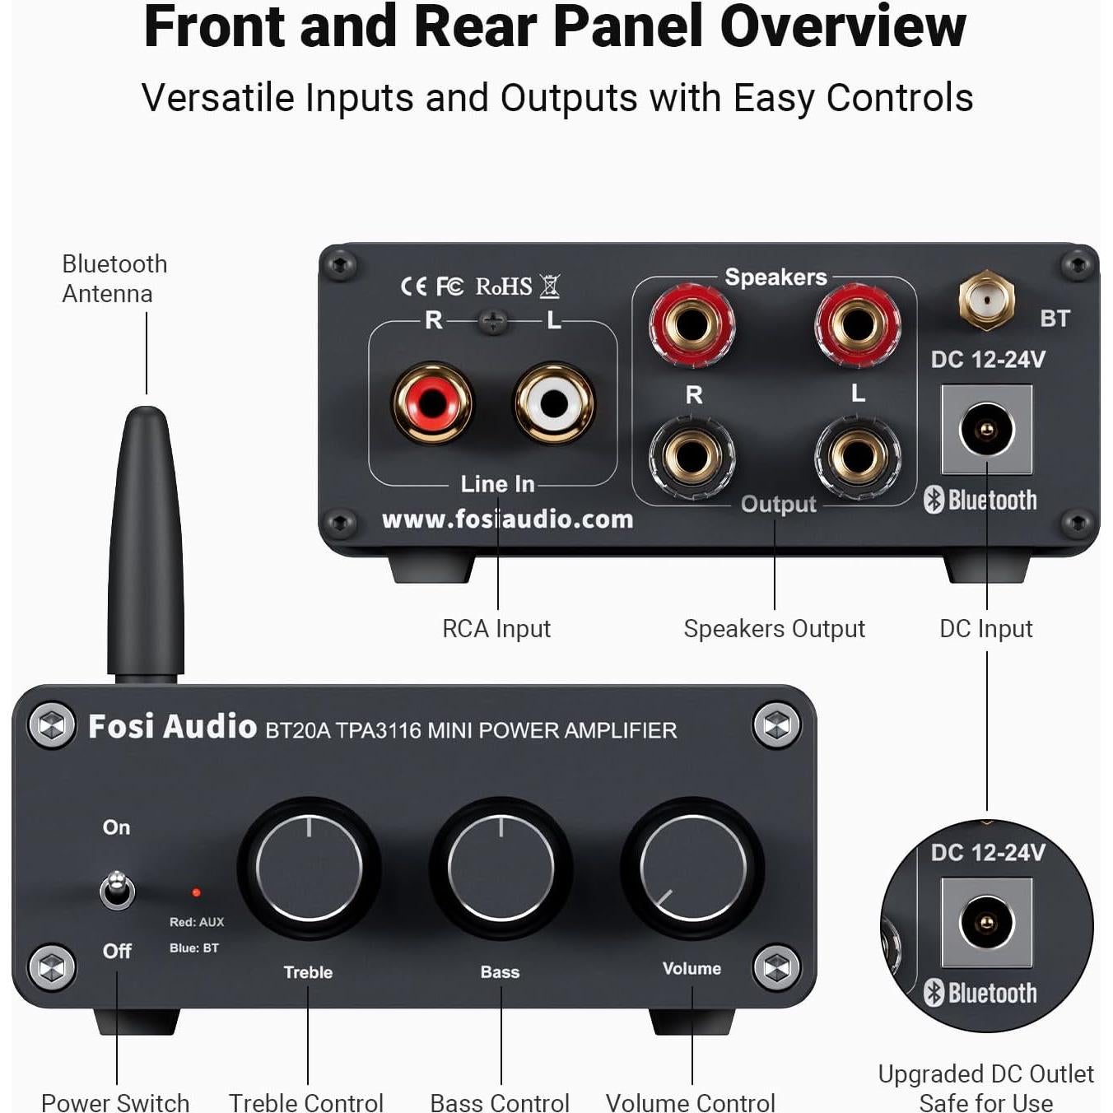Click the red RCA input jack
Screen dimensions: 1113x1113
pos(432,403)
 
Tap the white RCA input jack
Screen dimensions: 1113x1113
pos(554,403)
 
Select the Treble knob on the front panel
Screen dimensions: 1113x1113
pos(309,868)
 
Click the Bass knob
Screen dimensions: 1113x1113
pos(501,868)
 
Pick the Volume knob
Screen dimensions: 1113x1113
pos(692,868)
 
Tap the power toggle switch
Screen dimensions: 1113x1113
pos(117,889)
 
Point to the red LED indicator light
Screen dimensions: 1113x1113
pos(196,892)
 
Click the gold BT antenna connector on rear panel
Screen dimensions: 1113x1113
pos(986,300)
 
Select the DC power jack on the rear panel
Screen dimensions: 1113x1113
pos(986,430)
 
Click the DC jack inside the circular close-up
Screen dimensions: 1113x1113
pos(986,922)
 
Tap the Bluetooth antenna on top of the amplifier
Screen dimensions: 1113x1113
pos(146,543)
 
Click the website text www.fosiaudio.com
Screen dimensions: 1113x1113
pos(507,519)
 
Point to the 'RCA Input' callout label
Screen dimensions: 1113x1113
pos(496,629)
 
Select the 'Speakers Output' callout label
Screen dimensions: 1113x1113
pos(774,629)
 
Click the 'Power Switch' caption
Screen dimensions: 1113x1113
pos(115,1101)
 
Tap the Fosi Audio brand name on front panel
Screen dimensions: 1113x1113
pos(172,726)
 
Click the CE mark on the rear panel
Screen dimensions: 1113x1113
pos(413,286)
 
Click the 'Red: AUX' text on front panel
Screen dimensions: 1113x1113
pos(197,922)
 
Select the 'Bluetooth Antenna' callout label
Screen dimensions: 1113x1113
pos(114,278)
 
